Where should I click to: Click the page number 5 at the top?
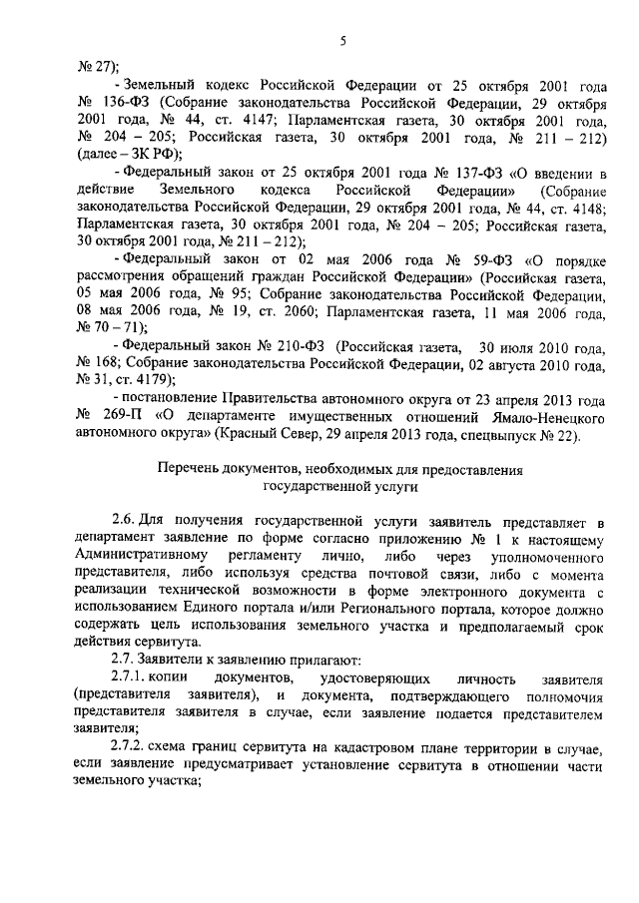pos(341,42)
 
